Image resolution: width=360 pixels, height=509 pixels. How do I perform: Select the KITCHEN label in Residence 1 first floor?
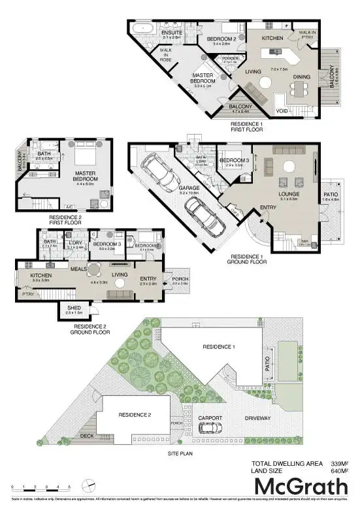272,39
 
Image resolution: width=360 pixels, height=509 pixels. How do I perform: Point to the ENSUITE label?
172,33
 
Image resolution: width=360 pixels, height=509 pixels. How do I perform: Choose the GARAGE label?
189,188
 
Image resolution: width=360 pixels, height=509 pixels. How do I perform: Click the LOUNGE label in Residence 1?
288,194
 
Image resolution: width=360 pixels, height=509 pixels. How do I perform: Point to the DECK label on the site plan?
87,435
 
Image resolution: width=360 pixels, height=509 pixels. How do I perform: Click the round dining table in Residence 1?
265,82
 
